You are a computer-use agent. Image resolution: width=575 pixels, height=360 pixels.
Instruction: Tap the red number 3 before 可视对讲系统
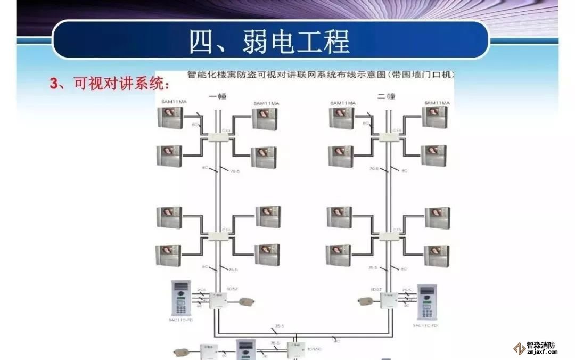coord(53,84)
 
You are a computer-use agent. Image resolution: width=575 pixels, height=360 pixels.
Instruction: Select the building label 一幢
coord(218,96)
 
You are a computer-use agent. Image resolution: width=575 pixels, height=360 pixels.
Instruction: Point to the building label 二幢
coord(386,96)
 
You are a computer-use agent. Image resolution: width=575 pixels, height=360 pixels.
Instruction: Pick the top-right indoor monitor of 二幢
coord(434,117)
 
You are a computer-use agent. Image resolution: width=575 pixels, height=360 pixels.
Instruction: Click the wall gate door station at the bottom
coord(247,350)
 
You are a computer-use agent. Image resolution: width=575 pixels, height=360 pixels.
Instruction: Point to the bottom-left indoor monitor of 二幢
coord(339,255)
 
